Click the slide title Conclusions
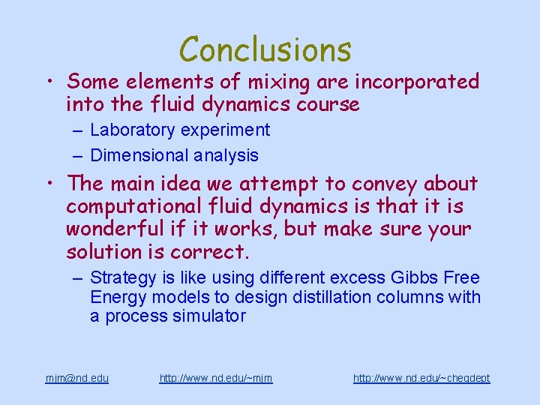pos(265,49)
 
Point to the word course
pos(327,104)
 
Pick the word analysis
pos(228,155)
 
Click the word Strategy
pos(121,278)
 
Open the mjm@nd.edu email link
pos(76,378)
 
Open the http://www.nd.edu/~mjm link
pos(216,378)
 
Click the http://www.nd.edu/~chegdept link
pos(421,378)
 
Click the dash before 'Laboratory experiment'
pos(78,130)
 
